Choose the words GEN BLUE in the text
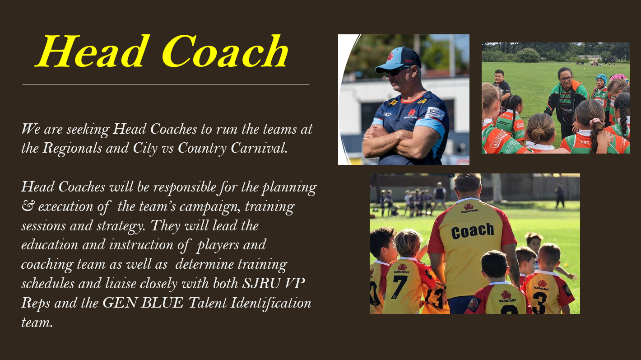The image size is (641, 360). pos(143,303)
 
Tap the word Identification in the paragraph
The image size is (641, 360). pos(270,303)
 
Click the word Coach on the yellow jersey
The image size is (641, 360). pos(472,231)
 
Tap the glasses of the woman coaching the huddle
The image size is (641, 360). pos(565,79)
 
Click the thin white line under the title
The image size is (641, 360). pos(166,84)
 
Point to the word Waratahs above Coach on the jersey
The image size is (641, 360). pos(469,211)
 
